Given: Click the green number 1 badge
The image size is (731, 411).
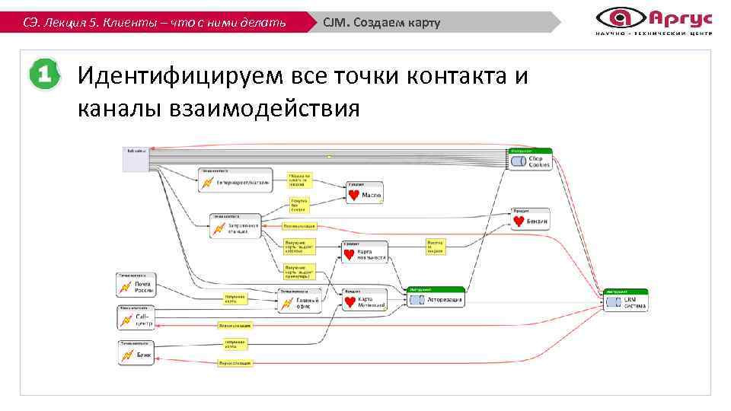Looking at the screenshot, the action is coord(44,75).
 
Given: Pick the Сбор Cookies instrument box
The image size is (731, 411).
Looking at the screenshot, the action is coord(530,161).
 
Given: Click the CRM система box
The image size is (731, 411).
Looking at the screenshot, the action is coord(626,301).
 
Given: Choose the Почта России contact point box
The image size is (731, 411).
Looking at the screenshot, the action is coord(136,285).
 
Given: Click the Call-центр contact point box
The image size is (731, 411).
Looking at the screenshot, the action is coord(136,318).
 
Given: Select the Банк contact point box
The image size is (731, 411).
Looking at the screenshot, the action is coord(136,354).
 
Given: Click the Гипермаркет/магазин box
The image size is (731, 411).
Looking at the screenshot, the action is coord(234,181).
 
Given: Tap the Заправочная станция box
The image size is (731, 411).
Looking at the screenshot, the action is coord(235,226).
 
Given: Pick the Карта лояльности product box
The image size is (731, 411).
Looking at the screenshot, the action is coord(363,253).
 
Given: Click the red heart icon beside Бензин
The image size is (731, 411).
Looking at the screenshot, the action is coord(519,221).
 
